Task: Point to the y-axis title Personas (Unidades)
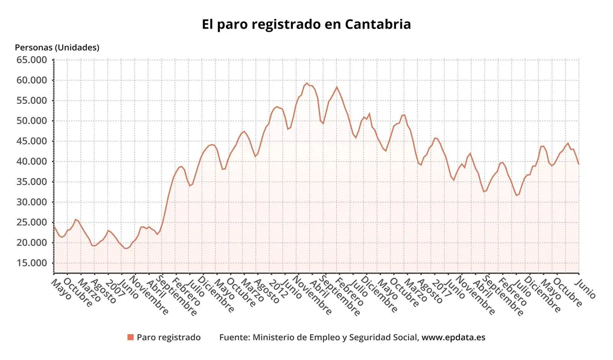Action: pos(57,47)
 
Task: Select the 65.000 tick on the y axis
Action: pos(32,60)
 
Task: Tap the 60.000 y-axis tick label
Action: pos(32,80)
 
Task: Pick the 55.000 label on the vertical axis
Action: pos(32,100)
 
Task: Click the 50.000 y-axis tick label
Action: pos(32,121)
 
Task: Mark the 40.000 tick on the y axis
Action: pos(32,161)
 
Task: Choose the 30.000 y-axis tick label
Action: pos(32,202)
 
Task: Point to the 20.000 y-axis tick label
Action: pos(32,242)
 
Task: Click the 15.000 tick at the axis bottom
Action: pos(32,263)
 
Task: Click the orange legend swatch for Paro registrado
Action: pos(130,337)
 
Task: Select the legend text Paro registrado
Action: pos(168,337)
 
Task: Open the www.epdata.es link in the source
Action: pos(453,337)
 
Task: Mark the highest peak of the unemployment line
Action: pos(307,83)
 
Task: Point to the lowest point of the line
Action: pos(126,248)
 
